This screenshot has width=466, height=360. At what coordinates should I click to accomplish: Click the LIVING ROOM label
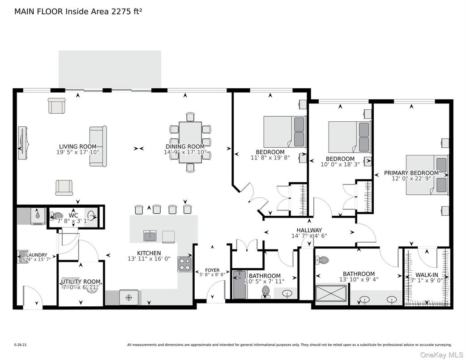click(x=78, y=146)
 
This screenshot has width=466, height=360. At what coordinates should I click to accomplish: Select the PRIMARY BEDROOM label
click(x=411, y=173)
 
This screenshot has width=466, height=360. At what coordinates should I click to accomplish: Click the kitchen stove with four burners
click(x=185, y=264)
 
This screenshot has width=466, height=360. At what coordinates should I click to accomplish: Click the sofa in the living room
click(x=98, y=146)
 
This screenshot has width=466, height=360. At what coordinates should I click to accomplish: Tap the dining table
click(x=190, y=141)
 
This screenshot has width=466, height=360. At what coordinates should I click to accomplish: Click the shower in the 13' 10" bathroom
click(x=331, y=294)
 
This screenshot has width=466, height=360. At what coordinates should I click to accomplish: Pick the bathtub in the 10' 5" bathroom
click(x=239, y=285)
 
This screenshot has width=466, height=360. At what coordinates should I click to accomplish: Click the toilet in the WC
click(x=57, y=217)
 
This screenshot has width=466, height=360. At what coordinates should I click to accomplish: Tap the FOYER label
click(x=212, y=270)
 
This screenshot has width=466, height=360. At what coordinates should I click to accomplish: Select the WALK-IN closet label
click(x=427, y=274)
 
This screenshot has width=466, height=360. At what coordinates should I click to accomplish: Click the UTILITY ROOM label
click(x=81, y=282)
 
